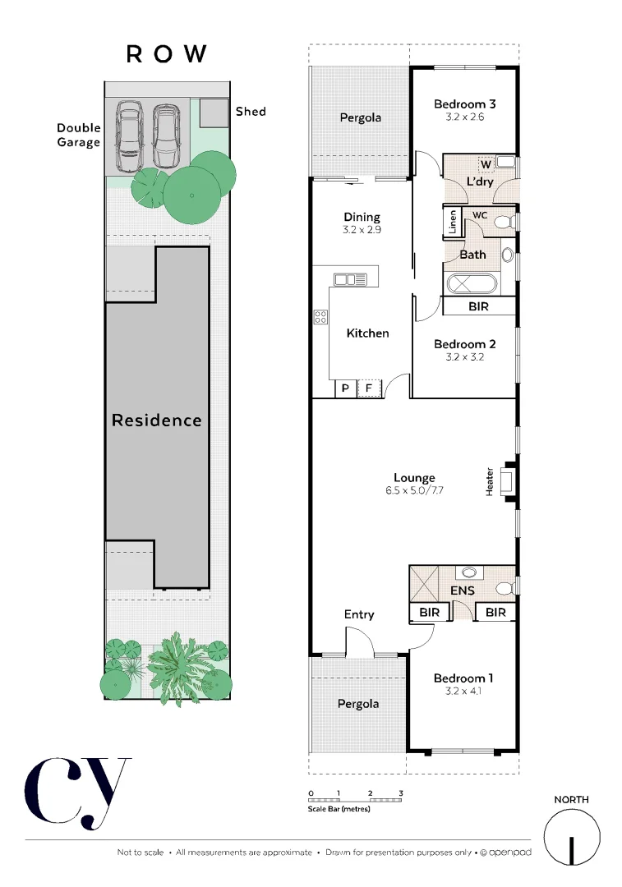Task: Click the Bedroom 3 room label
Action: click(x=464, y=104)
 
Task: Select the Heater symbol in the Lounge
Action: click(x=507, y=480)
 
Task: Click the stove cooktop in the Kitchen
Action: click(x=320, y=316)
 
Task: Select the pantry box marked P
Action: click(x=345, y=387)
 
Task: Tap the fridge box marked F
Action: click(x=370, y=387)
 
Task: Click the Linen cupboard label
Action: click(x=452, y=223)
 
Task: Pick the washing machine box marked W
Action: click(x=486, y=163)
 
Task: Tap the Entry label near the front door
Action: click(x=359, y=614)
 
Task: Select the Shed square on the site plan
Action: click(x=214, y=113)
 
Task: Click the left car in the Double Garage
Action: click(x=129, y=130)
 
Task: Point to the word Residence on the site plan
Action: click(x=156, y=421)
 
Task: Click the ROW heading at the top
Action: click(x=167, y=54)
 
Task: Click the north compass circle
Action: click(x=570, y=837)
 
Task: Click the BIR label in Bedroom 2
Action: click(x=478, y=306)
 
